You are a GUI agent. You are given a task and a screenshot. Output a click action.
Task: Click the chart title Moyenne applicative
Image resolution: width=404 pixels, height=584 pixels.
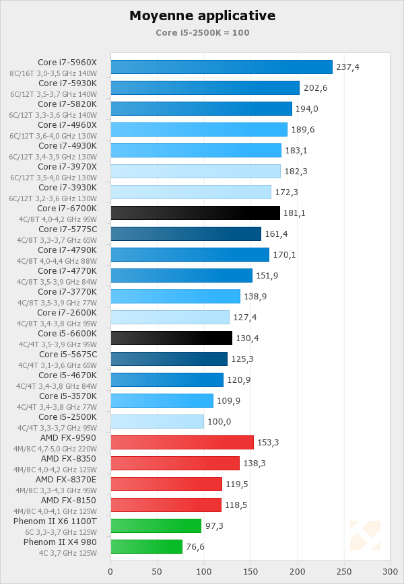(x=202, y=15)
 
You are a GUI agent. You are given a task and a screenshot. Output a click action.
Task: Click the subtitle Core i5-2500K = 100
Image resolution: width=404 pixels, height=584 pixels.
(x=202, y=32)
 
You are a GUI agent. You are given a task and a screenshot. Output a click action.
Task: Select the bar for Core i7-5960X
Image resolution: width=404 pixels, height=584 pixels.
(x=222, y=67)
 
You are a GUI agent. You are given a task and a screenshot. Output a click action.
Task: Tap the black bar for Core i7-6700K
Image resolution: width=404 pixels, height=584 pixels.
(x=195, y=213)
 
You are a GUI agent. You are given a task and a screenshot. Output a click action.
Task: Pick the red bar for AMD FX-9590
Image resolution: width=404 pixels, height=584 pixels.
(x=182, y=442)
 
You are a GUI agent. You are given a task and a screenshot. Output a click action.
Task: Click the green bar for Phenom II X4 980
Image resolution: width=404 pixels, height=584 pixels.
(x=146, y=546)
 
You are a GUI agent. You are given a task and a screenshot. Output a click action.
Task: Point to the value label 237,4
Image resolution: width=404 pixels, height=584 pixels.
(x=348, y=67)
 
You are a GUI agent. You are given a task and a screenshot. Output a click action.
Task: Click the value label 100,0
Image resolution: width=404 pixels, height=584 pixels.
(x=220, y=422)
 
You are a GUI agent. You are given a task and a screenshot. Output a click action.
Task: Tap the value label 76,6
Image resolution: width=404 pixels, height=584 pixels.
(x=195, y=547)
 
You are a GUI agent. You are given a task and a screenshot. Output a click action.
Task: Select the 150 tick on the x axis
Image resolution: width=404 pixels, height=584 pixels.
(x=250, y=572)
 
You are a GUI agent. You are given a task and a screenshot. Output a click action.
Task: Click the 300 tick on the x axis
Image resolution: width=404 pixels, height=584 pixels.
(x=390, y=572)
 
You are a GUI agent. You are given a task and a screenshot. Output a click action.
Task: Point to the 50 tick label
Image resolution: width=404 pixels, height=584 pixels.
(x=157, y=572)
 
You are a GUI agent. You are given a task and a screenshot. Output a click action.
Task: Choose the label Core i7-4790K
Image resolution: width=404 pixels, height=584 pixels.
(x=67, y=250)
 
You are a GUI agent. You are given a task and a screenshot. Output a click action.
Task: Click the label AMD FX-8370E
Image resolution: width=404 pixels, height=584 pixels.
(x=66, y=479)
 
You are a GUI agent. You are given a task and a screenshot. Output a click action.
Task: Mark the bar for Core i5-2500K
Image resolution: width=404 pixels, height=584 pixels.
(x=157, y=421)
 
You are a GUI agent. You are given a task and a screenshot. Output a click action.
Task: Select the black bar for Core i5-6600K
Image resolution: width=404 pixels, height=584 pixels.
(x=171, y=338)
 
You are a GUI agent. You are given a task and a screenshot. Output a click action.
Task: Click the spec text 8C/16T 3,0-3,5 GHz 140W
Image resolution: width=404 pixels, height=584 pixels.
(x=53, y=73)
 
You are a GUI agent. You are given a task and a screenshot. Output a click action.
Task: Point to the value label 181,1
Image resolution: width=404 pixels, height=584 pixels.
(x=296, y=213)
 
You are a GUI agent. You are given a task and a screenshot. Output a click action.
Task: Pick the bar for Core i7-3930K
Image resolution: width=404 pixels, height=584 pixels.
(x=191, y=192)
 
